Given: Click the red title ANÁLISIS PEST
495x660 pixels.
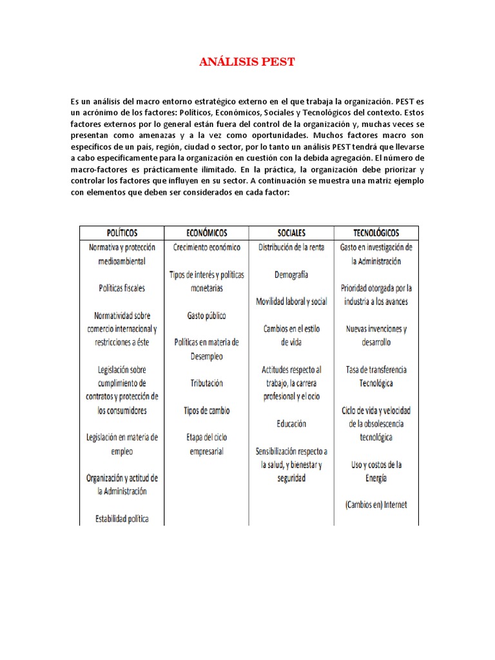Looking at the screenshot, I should [247, 62].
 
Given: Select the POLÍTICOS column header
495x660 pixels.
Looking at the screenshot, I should [122, 233].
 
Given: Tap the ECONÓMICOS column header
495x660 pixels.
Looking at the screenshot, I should [206, 233].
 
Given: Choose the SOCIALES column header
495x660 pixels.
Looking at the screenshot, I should [291, 233].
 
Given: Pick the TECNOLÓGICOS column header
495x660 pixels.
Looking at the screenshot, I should [376, 233].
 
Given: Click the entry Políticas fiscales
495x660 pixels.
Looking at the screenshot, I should [122, 288].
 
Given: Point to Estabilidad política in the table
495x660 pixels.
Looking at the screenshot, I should [122, 518].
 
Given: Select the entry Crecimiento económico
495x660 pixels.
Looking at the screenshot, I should [206, 247].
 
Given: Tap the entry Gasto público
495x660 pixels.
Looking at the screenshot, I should [206, 315].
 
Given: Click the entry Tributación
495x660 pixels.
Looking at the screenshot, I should [206, 383].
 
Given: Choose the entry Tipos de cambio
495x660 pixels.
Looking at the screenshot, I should [206, 411].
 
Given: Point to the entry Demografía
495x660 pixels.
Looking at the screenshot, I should [291, 275].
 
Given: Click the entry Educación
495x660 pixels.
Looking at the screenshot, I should [291, 424].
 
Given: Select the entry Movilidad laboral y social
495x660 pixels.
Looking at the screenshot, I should [291, 301].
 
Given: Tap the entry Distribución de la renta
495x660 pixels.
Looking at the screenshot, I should [291, 247].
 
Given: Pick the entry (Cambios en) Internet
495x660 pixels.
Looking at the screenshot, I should [376, 505].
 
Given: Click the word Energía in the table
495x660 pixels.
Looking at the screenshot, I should [376, 478].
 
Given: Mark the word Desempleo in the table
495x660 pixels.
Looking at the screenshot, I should [206, 356].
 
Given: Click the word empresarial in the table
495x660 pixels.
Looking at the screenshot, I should [206, 451].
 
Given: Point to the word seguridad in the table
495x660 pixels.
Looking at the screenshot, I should [291, 478].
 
